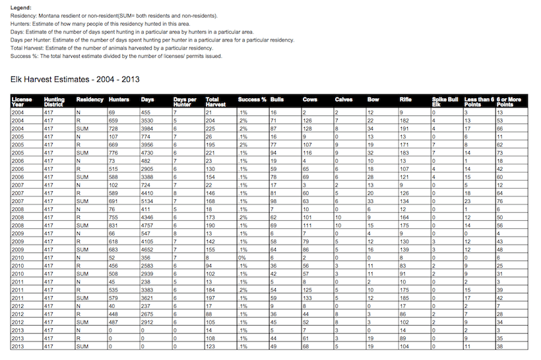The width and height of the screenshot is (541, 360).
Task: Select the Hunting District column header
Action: click(55, 102)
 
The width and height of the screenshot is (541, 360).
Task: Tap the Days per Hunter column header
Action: click(183, 102)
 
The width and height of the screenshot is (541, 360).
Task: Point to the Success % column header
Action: click(252, 100)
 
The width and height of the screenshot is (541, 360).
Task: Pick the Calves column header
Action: click(345, 100)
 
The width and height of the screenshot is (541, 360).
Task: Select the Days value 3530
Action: click(149, 121)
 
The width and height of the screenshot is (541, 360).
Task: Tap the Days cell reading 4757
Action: click(149, 225)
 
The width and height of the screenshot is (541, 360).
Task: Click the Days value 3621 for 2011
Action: click(149, 297)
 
